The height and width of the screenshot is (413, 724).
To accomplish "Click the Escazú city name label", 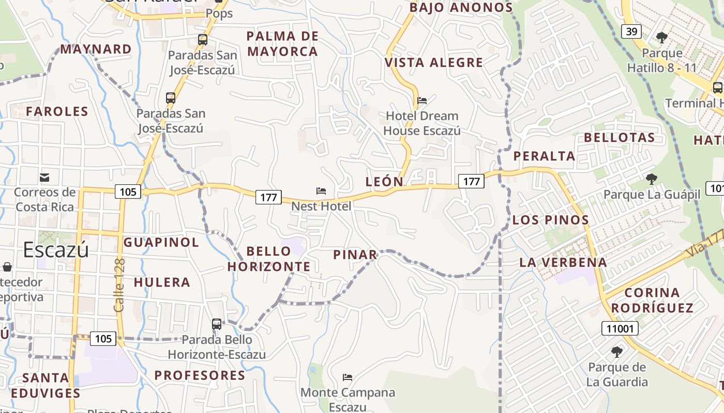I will (56, 250).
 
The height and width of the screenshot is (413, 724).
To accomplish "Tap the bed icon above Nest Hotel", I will (321, 191).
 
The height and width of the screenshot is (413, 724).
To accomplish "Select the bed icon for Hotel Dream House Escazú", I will (422, 100).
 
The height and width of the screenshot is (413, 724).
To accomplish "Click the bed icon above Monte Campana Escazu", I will (348, 377).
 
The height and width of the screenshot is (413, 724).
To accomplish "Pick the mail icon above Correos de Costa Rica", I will (44, 178).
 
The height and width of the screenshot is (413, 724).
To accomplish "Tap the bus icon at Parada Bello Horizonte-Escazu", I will (217, 324).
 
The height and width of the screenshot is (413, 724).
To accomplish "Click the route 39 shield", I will (631, 32).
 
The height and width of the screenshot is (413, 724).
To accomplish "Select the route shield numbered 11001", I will (620, 328).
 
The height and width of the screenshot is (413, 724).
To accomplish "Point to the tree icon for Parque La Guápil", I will (652, 179).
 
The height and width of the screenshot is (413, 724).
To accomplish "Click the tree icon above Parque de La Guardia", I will (616, 352).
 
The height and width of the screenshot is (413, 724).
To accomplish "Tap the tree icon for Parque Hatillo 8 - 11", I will (661, 37).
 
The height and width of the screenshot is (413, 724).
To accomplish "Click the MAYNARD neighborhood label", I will (96, 49).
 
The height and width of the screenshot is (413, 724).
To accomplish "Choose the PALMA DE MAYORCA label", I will (282, 44).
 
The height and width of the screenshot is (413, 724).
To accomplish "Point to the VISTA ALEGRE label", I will (434, 62).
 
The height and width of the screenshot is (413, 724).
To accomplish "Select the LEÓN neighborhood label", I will (384, 182).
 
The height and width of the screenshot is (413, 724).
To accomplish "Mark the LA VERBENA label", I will (563, 262).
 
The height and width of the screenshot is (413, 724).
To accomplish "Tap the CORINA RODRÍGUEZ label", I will (652, 300).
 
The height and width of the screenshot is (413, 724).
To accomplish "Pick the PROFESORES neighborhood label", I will (200, 375).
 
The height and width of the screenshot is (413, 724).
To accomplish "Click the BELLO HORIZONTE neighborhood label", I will (269, 259).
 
